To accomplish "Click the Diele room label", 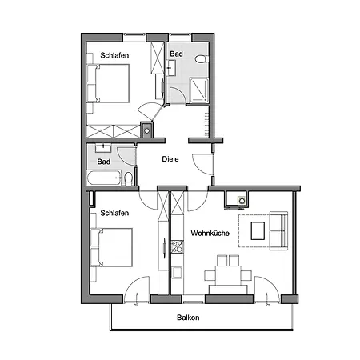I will [170, 158].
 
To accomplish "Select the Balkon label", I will [189, 318].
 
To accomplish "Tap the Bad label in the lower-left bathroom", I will [103, 162].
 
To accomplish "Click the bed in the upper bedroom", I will [112, 83].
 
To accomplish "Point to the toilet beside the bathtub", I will [127, 178].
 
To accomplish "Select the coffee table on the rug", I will [258, 231].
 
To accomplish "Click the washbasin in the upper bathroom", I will [172, 67].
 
